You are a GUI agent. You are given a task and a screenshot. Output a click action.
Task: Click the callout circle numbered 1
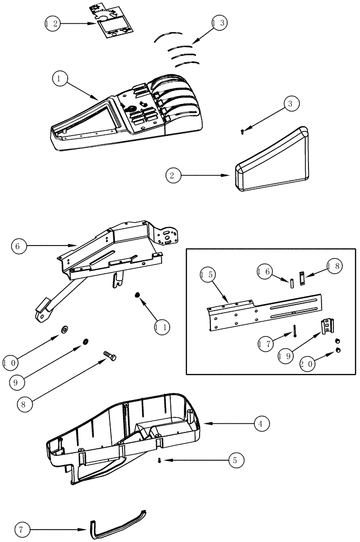point(60,79)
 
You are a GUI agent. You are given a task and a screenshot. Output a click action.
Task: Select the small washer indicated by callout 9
point(86,343)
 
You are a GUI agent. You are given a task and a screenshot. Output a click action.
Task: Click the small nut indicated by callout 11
point(138,294)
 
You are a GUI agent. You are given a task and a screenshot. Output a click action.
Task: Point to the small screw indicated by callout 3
point(243,130)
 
